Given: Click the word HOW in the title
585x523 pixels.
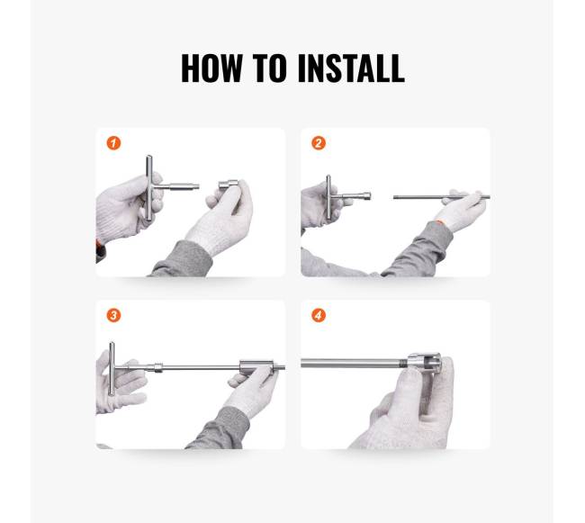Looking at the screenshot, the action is pos(211,68).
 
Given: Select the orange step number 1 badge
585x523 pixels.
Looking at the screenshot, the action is pos(113,143).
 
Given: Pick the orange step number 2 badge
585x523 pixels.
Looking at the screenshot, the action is pos(319,143).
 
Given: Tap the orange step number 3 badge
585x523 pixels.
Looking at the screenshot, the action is pos(113,315).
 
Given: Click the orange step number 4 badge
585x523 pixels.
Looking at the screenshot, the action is pos(319,315).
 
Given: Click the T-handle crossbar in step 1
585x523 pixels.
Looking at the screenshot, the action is pos(148,187).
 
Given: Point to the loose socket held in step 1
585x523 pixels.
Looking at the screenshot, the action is pos(229,185).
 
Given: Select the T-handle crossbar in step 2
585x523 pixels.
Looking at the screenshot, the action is pos(328,197).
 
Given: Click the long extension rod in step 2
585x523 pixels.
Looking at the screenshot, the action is pos(441,197).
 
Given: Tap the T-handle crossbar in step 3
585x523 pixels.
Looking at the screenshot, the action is pos(112,369).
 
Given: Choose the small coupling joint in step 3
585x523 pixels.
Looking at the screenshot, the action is pos(158,367).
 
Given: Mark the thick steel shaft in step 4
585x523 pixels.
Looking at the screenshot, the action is pos(354,363).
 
